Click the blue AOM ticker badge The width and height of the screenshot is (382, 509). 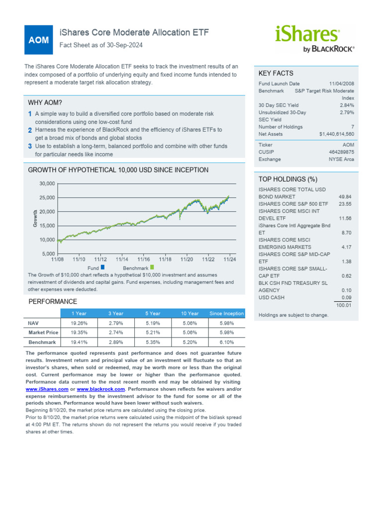point(38,40)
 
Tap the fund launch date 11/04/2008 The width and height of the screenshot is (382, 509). point(342,84)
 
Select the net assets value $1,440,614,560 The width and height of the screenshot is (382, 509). point(337,134)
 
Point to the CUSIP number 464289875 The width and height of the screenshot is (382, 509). point(342,152)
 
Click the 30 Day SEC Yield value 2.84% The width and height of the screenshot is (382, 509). point(347,105)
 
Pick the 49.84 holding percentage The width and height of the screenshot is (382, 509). point(345,197)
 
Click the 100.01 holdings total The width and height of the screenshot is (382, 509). point(344,305)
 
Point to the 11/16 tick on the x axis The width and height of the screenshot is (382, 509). point(144,259)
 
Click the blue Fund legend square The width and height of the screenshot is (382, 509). point(102,267)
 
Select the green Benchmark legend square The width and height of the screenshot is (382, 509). point(152,267)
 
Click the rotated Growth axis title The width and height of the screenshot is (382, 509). point(35,219)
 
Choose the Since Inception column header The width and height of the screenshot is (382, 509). point(227,314)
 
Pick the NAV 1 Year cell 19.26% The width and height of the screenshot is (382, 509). point(79,323)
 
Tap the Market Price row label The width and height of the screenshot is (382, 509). point(43,333)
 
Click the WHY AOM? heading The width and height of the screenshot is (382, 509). point(45,102)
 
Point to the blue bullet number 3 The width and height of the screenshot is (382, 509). point(30,146)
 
